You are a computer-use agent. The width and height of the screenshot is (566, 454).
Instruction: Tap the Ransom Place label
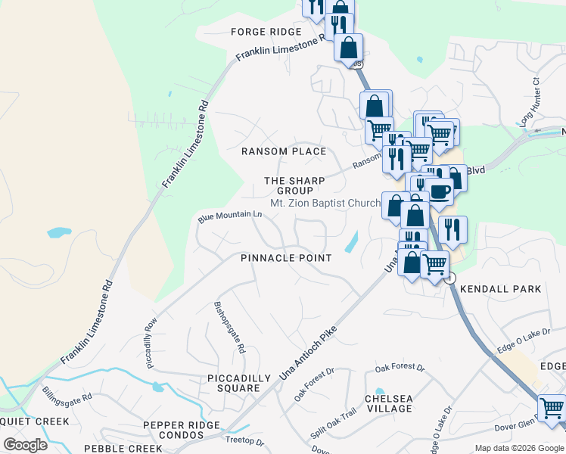pyautogui.click(x=284, y=151)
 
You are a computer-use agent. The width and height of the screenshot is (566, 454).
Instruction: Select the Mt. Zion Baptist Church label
pyautogui.click(x=325, y=204)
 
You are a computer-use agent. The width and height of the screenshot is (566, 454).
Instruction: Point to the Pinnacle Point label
pyautogui.click(x=286, y=258)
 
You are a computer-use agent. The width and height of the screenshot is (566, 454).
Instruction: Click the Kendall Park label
pyautogui.click(x=501, y=289)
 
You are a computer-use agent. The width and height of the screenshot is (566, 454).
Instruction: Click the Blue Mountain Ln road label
pyautogui.click(x=230, y=216)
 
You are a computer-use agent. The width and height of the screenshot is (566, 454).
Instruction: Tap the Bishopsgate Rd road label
pyautogui.click(x=230, y=328)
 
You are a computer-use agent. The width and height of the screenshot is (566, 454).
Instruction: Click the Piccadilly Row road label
pyautogui.click(x=151, y=342)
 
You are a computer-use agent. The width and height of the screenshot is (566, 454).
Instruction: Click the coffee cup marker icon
pyautogui.click(x=438, y=191)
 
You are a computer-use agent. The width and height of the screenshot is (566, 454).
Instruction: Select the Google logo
pyautogui.click(x=25, y=444)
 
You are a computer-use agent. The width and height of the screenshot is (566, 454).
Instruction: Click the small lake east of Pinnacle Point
pyautogui.click(x=352, y=242)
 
